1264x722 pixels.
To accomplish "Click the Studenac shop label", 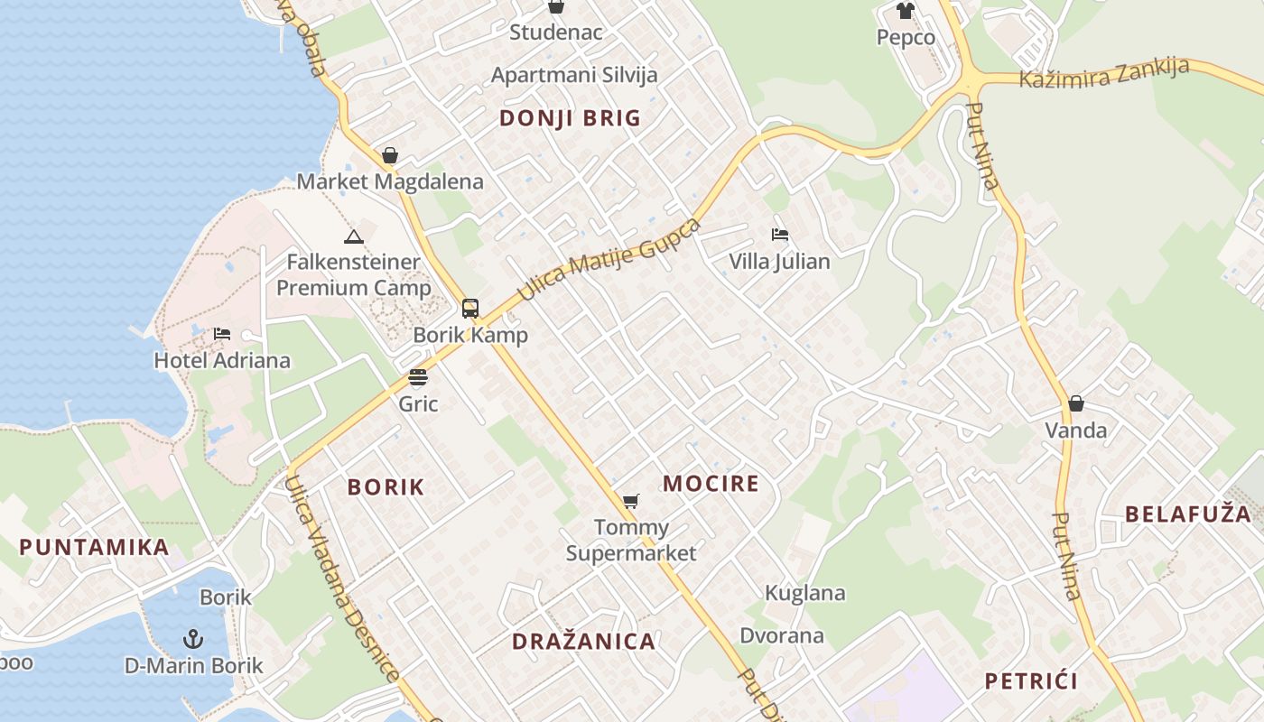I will (x=555, y=32).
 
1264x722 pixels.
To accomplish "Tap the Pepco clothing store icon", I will (x=906, y=11).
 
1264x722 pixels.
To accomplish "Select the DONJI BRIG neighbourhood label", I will (x=570, y=118).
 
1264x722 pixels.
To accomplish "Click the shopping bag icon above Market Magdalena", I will (x=390, y=155).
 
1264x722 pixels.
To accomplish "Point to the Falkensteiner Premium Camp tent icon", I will (x=353, y=237).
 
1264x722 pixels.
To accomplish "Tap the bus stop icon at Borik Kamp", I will (x=470, y=309).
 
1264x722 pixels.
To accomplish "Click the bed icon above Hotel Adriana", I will (x=222, y=334).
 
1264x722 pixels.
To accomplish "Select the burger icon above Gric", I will (x=418, y=376).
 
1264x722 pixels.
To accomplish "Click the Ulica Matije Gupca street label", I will (x=609, y=259).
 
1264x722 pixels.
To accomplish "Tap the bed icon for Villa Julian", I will (x=780, y=235).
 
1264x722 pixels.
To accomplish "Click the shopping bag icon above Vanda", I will (x=1076, y=403).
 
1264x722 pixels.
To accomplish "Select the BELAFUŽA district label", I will (x=1187, y=514).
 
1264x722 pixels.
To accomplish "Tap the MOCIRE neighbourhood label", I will (x=711, y=484).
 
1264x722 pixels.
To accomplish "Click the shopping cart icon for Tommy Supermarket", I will (x=631, y=501).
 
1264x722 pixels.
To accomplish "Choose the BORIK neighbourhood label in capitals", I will (x=386, y=487).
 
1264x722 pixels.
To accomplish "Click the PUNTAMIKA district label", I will (x=94, y=547).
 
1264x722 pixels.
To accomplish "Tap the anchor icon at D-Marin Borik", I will (x=192, y=640).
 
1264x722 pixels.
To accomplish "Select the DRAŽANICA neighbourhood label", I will (x=583, y=642).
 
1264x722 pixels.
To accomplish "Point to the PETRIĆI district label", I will (x=1031, y=680).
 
